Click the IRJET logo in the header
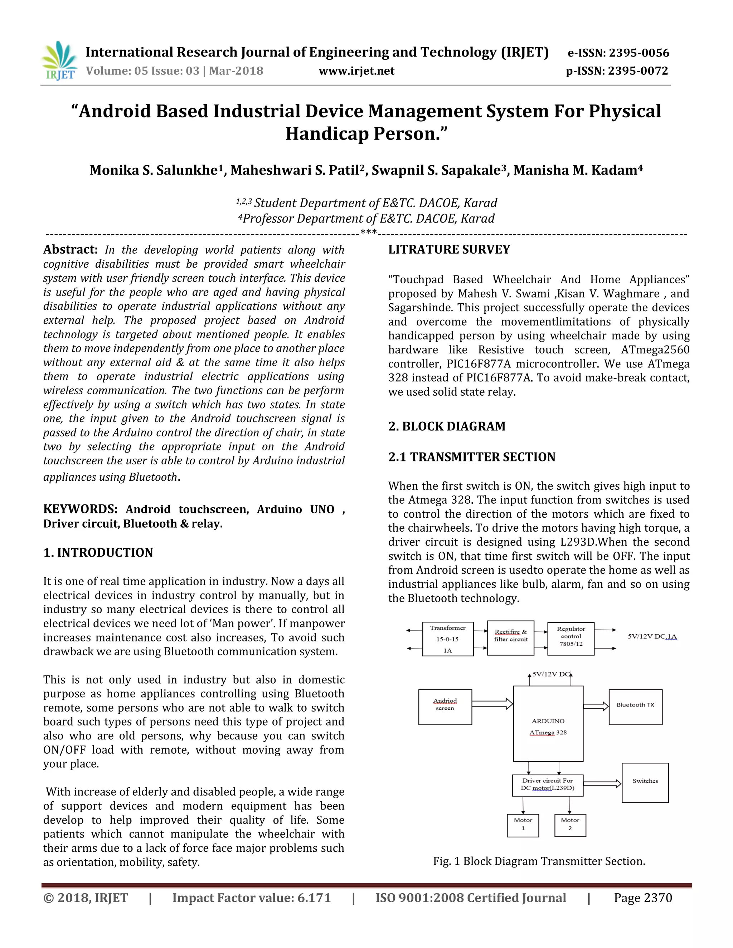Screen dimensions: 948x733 click(x=60, y=61)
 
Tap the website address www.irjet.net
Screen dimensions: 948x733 click(x=356, y=71)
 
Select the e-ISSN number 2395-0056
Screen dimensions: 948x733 click(x=639, y=53)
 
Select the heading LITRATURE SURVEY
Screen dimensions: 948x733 click(x=449, y=250)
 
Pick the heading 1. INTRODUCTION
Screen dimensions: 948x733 click(x=98, y=553)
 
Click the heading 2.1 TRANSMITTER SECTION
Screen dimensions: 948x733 click(x=472, y=457)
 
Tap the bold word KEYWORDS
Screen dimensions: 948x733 click(x=80, y=509)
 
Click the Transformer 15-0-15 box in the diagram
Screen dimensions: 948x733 click(x=447, y=639)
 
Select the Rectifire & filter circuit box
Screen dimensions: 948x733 click(x=511, y=637)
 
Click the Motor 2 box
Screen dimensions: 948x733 click(x=570, y=825)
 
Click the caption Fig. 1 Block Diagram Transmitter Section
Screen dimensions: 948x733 click(x=539, y=861)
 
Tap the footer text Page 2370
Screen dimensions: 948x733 click(x=643, y=898)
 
